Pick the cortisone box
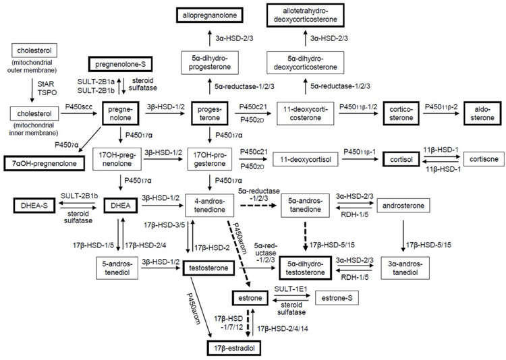[483, 159]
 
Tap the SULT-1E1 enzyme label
[291, 288]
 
